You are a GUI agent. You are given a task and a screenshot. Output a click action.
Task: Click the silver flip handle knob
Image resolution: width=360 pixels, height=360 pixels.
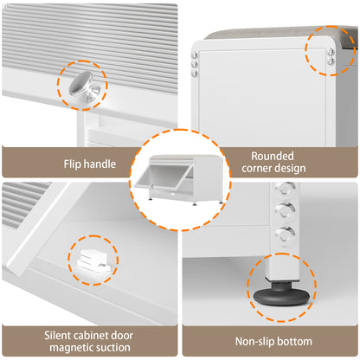click(x=85, y=86)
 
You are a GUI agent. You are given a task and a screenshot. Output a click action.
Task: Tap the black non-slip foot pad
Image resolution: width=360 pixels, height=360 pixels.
click(x=281, y=296)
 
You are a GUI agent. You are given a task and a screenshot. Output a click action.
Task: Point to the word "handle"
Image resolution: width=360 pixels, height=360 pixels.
click(x=98, y=164)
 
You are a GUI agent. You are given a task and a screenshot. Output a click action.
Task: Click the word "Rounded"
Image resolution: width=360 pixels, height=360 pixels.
click(x=273, y=156)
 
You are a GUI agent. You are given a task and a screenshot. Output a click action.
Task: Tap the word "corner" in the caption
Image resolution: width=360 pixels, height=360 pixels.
click(x=257, y=168)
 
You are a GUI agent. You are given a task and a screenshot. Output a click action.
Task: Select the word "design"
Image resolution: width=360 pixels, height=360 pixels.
click(x=290, y=169)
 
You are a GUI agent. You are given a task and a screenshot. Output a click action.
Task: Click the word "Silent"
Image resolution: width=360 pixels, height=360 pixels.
click(x=58, y=336)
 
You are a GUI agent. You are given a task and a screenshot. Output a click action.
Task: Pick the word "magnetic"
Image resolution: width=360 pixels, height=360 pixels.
click(x=68, y=348)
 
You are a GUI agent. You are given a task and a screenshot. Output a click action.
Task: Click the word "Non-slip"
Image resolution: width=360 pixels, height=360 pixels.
click(x=253, y=342)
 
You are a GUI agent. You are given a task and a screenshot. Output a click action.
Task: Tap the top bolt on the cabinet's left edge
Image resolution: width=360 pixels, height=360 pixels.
click(x=194, y=55)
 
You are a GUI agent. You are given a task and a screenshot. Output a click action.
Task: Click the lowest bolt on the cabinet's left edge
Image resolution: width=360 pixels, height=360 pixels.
click(x=194, y=73)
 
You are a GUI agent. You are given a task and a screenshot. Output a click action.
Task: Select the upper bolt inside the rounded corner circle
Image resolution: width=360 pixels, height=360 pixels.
click(x=331, y=52)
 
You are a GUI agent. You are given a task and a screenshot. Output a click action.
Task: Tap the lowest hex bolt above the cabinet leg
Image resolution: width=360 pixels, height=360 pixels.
click(x=285, y=234)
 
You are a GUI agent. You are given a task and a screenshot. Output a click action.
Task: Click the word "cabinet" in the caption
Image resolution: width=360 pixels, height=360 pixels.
click(x=91, y=336)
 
